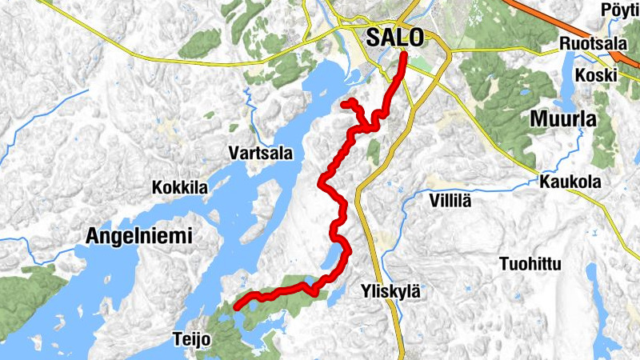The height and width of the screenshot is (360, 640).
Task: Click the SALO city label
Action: (397, 38)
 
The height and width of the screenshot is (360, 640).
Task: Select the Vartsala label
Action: (260, 152)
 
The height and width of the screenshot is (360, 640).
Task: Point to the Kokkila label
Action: (180, 188)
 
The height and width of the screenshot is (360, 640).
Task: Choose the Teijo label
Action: (191, 339)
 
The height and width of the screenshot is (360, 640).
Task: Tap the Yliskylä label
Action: (390, 291)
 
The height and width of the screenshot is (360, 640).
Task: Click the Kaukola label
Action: (570, 182)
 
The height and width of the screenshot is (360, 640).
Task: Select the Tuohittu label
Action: (530, 263)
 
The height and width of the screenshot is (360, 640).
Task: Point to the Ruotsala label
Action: (592, 43)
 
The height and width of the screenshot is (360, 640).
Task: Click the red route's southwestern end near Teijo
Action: (236, 306)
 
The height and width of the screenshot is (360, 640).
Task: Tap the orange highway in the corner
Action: (560, 24)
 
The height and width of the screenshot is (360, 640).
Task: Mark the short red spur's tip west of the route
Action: (343, 104)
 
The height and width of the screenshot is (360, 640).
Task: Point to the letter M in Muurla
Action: (538, 120)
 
